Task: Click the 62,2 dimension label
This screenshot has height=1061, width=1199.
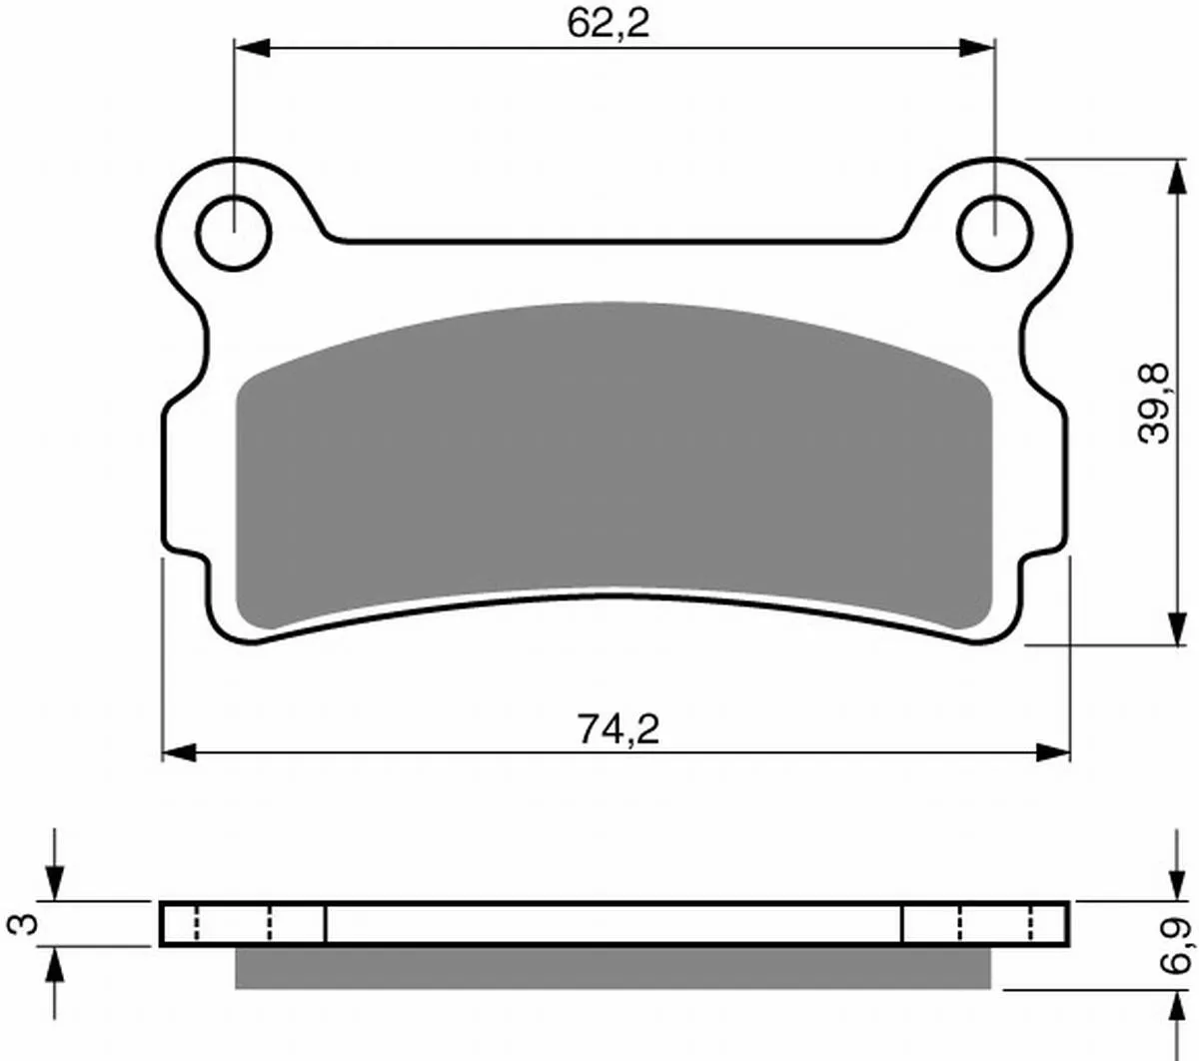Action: [x=607, y=25]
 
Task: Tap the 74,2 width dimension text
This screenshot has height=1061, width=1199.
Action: [x=617, y=729]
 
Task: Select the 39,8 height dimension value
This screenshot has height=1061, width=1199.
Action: [x=1153, y=404]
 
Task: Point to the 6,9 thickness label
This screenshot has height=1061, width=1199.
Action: [x=1175, y=946]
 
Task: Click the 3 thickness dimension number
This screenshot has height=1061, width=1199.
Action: [x=23, y=924]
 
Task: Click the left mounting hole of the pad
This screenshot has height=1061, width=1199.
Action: [x=234, y=233]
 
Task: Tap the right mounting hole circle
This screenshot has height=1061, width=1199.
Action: [x=994, y=233]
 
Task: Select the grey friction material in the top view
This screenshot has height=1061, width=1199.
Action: [x=613, y=462]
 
